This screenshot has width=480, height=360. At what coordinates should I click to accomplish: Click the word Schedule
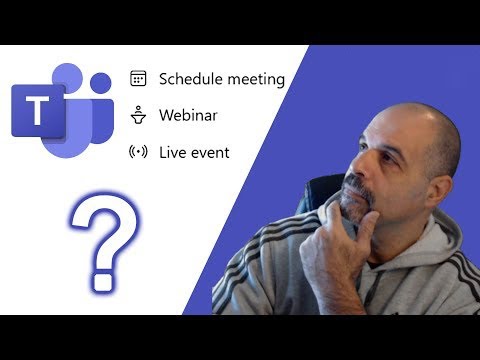[189, 78]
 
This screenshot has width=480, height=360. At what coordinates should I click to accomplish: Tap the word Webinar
[188, 115]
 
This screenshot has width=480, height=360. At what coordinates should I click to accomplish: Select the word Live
[173, 152]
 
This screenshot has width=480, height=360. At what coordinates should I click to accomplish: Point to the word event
[211, 152]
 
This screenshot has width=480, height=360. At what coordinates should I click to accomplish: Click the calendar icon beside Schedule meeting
[139, 78]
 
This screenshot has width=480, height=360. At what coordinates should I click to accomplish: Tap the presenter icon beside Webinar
[139, 115]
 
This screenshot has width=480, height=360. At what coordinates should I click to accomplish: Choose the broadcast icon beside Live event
[139, 152]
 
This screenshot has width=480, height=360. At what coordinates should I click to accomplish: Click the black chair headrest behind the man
[326, 195]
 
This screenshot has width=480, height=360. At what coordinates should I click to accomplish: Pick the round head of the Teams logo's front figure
[68, 81]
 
